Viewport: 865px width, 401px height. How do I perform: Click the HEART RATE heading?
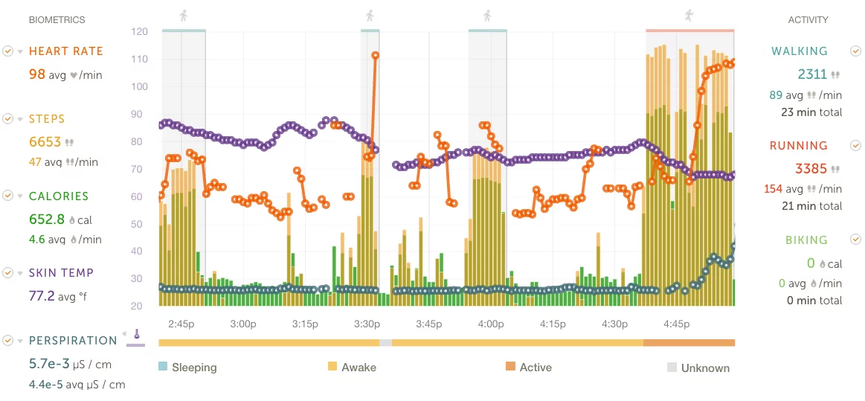[65, 51]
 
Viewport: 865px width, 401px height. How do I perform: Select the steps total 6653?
[45, 142]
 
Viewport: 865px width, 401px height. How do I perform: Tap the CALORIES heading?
[58, 196]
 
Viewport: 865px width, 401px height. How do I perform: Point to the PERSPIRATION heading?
[73, 341]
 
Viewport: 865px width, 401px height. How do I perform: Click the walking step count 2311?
[811, 74]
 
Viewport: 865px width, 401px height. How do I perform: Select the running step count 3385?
[811, 168]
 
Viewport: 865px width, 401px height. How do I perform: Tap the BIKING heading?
[806, 240]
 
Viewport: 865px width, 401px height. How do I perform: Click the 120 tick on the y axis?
[139, 32]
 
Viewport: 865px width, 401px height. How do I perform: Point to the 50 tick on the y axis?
[139, 224]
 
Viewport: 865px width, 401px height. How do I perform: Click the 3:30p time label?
[367, 324]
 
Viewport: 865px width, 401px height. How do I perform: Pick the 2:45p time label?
[181, 324]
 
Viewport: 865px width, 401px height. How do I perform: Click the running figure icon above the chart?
[689, 14]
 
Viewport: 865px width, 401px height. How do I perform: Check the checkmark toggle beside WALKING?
[855, 51]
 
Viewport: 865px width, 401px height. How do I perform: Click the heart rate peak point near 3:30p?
[376, 56]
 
